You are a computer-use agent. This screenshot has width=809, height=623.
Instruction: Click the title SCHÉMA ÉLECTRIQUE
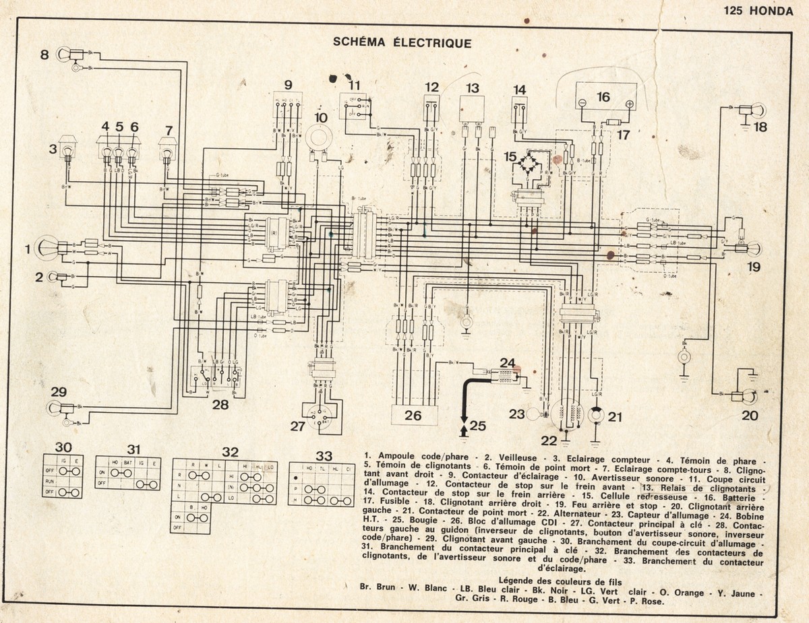click(x=402, y=42)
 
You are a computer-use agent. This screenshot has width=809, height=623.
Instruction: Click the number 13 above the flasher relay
click(x=472, y=88)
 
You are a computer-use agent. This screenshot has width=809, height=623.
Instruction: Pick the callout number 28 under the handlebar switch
click(x=220, y=405)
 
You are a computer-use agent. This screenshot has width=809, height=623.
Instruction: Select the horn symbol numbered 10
click(x=321, y=138)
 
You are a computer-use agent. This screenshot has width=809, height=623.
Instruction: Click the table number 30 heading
click(x=63, y=447)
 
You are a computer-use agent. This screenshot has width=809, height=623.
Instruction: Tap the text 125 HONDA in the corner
click(x=758, y=10)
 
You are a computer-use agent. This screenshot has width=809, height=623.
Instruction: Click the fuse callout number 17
click(x=624, y=135)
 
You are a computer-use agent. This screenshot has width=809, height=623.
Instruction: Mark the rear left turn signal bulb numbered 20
click(x=750, y=397)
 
